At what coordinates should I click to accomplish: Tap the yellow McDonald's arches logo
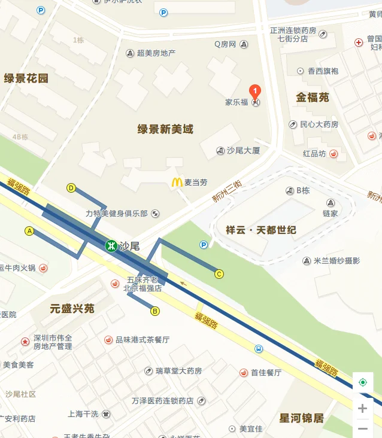point(177,182)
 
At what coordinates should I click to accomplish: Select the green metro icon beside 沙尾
point(111,245)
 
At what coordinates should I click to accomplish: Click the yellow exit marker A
point(29,231)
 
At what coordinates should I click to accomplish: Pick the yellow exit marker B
point(155,311)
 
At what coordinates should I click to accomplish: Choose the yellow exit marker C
point(219,274)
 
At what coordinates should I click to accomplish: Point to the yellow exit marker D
point(71,188)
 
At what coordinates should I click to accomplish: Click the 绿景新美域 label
point(165,129)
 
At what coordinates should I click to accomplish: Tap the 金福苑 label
point(312,98)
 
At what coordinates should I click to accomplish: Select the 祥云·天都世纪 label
point(261,230)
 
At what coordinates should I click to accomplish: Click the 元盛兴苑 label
point(72,309)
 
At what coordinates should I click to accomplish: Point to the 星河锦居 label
point(301,418)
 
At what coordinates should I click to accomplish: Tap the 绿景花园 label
point(26,78)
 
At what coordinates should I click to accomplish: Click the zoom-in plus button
point(362,409)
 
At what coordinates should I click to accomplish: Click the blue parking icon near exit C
point(204,244)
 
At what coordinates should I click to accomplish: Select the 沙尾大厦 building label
point(243,151)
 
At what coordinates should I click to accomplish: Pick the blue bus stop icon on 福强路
point(259,349)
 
